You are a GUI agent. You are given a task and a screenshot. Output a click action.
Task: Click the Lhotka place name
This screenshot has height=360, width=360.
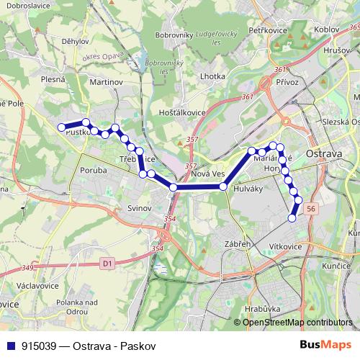[x=213, y=75]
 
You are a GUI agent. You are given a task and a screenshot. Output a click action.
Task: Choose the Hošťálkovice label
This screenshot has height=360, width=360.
[x=182, y=112]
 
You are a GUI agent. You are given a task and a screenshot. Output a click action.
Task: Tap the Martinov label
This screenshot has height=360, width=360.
[x=107, y=83]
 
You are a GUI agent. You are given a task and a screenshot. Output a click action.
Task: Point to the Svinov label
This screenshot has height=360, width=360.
[x=139, y=207]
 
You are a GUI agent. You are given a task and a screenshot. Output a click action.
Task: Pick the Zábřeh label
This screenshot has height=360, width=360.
[x=237, y=244]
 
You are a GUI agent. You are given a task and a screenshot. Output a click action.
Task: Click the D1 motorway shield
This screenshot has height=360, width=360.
[x=107, y=264]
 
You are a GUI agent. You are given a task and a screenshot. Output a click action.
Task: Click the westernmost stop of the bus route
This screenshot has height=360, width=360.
[x=61, y=127]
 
